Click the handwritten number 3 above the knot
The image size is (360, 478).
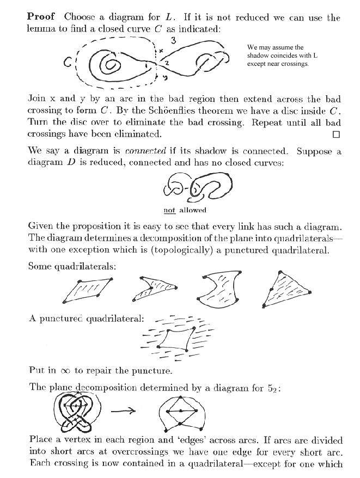(x=172, y=40)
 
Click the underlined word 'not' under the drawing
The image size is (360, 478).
(x=169, y=210)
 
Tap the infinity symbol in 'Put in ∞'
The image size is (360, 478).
(x=65, y=370)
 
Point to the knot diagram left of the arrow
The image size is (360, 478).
(x=77, y=411)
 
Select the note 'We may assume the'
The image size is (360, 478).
(x=275, y=47)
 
